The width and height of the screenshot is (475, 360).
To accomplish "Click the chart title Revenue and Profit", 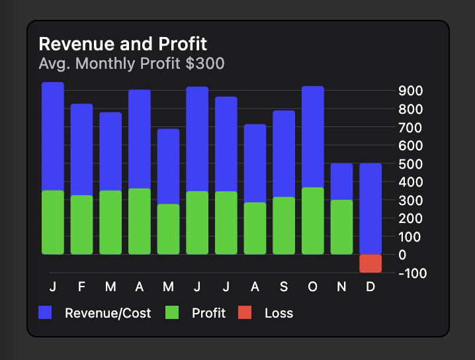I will pyautogui.click(x=123, y=44).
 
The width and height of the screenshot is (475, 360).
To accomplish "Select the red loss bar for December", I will pyautogui.click(x=370, y=263).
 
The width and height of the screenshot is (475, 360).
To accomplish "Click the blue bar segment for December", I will pyautogui.click(x=370, y=208).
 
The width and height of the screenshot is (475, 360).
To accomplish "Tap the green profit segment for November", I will pyautogui.click(x=341, y=227).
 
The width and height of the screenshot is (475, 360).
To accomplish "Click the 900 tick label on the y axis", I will pyautogui.click(x=411, y=90).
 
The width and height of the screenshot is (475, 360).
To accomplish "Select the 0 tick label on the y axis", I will pyautogui.click(x=403, y=255).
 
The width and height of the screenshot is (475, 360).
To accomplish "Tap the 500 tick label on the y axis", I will pyautogui.click(x=411, y=163).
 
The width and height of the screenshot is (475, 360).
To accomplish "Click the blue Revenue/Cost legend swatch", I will pyautogui.click(x=45, y=313).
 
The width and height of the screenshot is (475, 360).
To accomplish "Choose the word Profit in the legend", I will pyautogui.click(x=208, y=313).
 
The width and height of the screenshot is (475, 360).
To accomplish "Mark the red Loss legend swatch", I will pyautogui.click(x=245, y=313).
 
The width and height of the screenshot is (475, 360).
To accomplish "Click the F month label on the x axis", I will pyautogui.click(x=81, y=287).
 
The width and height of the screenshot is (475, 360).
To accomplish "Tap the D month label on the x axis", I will pyautogui.click(x=370, y=287).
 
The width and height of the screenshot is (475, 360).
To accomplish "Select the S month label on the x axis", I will pyautogui.click(x=284, y=287).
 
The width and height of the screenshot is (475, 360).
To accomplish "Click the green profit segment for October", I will pyautogui.click(x=313, y=221).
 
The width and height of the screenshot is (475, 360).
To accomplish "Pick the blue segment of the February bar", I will pyautogui.click(x=81, y=150).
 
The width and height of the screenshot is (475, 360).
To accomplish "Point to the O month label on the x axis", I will pyautogui.click(x=313, y=287).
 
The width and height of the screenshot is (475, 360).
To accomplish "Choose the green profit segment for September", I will pyautogui.click(x=284, y=226).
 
